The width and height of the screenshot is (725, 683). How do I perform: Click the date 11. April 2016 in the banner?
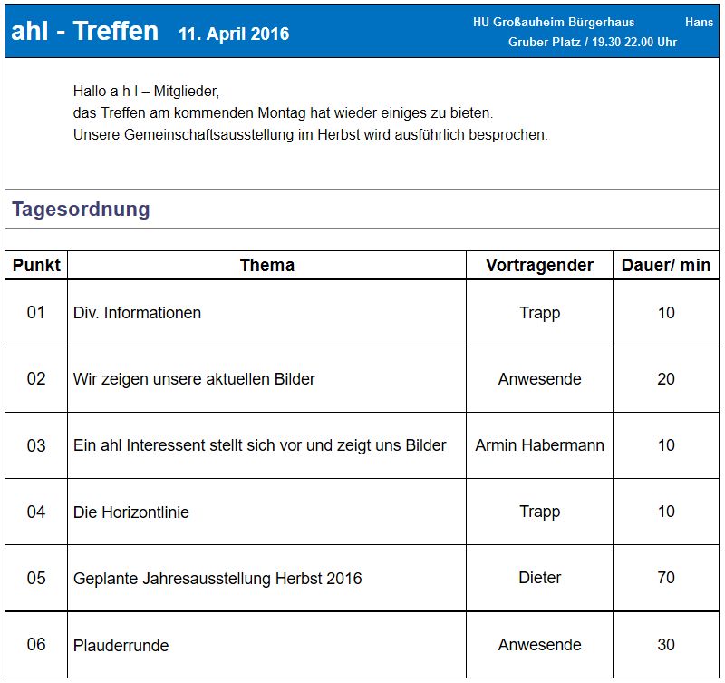point(234,34)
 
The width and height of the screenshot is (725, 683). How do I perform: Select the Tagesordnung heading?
point(81,210)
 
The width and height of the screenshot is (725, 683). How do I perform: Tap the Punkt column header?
point(36,265)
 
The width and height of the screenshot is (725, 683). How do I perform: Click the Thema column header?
point(267,265)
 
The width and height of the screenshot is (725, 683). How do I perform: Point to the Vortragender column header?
point(539,265)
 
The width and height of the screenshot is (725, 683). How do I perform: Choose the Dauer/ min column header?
point(666,265)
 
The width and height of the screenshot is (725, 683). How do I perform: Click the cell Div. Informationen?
point(138,313)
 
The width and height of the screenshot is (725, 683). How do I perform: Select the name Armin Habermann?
point(539,445)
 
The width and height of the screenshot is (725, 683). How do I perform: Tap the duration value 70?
point(666,578)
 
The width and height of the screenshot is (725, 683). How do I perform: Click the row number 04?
point(36,512)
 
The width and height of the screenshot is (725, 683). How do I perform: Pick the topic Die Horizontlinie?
point(131,512)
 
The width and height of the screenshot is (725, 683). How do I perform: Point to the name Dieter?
point(539,578)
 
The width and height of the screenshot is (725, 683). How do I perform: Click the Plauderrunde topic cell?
point(121,646)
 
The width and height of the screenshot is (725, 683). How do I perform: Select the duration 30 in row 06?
point(666,645)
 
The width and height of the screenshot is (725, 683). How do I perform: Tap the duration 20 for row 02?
point(666,379)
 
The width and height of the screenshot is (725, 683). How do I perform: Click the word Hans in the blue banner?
point(699,22)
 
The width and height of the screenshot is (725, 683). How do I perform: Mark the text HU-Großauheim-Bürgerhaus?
point(554,22)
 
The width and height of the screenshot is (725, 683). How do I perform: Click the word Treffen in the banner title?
point(116,31)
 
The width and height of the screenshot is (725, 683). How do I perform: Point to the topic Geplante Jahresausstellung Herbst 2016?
point(217,579)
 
